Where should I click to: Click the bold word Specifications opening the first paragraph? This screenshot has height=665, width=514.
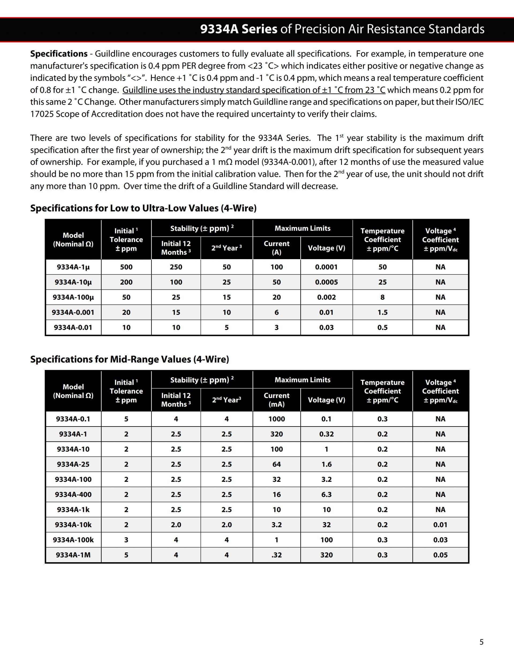(x=59, y=54)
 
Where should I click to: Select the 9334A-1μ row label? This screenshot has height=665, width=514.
(x=73, y=267)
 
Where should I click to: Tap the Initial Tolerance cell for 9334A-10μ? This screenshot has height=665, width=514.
(x=126, y=282)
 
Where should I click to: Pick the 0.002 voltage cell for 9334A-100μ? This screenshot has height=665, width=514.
(x=326, y=297)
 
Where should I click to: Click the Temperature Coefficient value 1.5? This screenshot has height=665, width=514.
(x=383, y=312)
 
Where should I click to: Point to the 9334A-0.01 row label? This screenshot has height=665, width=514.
(x=73, y=328)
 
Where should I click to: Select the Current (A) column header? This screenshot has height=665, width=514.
(x=277, y=248)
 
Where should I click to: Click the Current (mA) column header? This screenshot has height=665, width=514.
(x=277, y=400)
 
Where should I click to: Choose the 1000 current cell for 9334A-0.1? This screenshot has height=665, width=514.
(x=277, y=419)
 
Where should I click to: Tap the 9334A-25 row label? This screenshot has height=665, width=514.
(x=73, y=464)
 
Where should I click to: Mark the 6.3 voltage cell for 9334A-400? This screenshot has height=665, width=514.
(x=326, y=494)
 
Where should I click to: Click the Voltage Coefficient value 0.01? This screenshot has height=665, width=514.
(x=440, y=525)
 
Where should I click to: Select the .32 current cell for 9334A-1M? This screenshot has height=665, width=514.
(x=277, y=555)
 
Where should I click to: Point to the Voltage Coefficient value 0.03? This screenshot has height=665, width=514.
(x=440, y=540)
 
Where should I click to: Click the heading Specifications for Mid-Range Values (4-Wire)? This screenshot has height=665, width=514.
(x=129, y=359)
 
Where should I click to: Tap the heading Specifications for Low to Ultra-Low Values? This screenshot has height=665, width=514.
(x=143, y=208)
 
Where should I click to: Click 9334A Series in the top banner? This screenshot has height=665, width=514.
(x=239, y=29)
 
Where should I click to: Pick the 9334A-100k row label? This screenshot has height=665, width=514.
(x=73, y=540)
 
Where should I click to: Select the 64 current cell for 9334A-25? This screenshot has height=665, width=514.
(x=277, y=464)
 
